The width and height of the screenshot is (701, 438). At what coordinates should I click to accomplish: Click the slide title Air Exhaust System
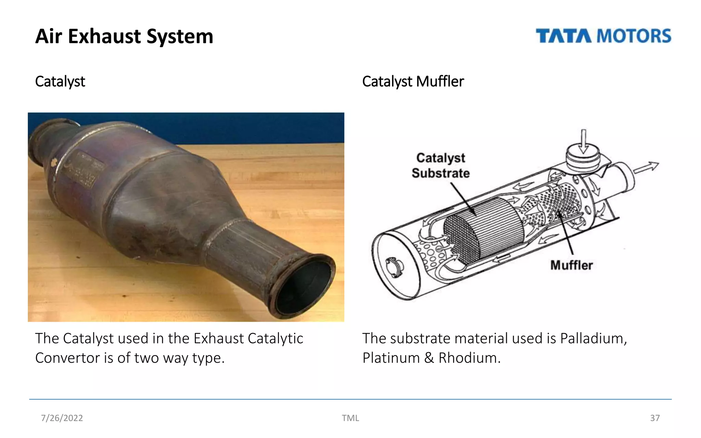(x=124, y=36)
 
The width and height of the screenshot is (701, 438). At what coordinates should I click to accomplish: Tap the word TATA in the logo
(x=563, y=36)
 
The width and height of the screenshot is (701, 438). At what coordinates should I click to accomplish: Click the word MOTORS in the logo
(x=634, y=36)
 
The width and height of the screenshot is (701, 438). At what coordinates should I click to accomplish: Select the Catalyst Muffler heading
(x=413, y=81)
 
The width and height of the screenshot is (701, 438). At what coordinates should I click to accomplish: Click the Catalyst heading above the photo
(x=60, y=81)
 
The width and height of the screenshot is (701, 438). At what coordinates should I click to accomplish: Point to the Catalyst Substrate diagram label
(x=441, y=166)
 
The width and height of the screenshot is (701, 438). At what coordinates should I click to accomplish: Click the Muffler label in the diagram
(x=571, y=265)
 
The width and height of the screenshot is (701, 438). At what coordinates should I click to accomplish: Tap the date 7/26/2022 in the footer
(x=62, y=418)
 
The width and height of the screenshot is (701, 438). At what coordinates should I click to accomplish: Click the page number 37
(x=655, y=418)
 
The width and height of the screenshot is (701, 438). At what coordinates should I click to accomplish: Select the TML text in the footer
(x=350, y=418)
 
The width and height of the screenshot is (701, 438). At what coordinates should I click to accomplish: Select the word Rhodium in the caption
(x=469, y=358)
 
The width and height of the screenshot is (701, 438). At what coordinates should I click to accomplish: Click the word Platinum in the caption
(x=391, y=358)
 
